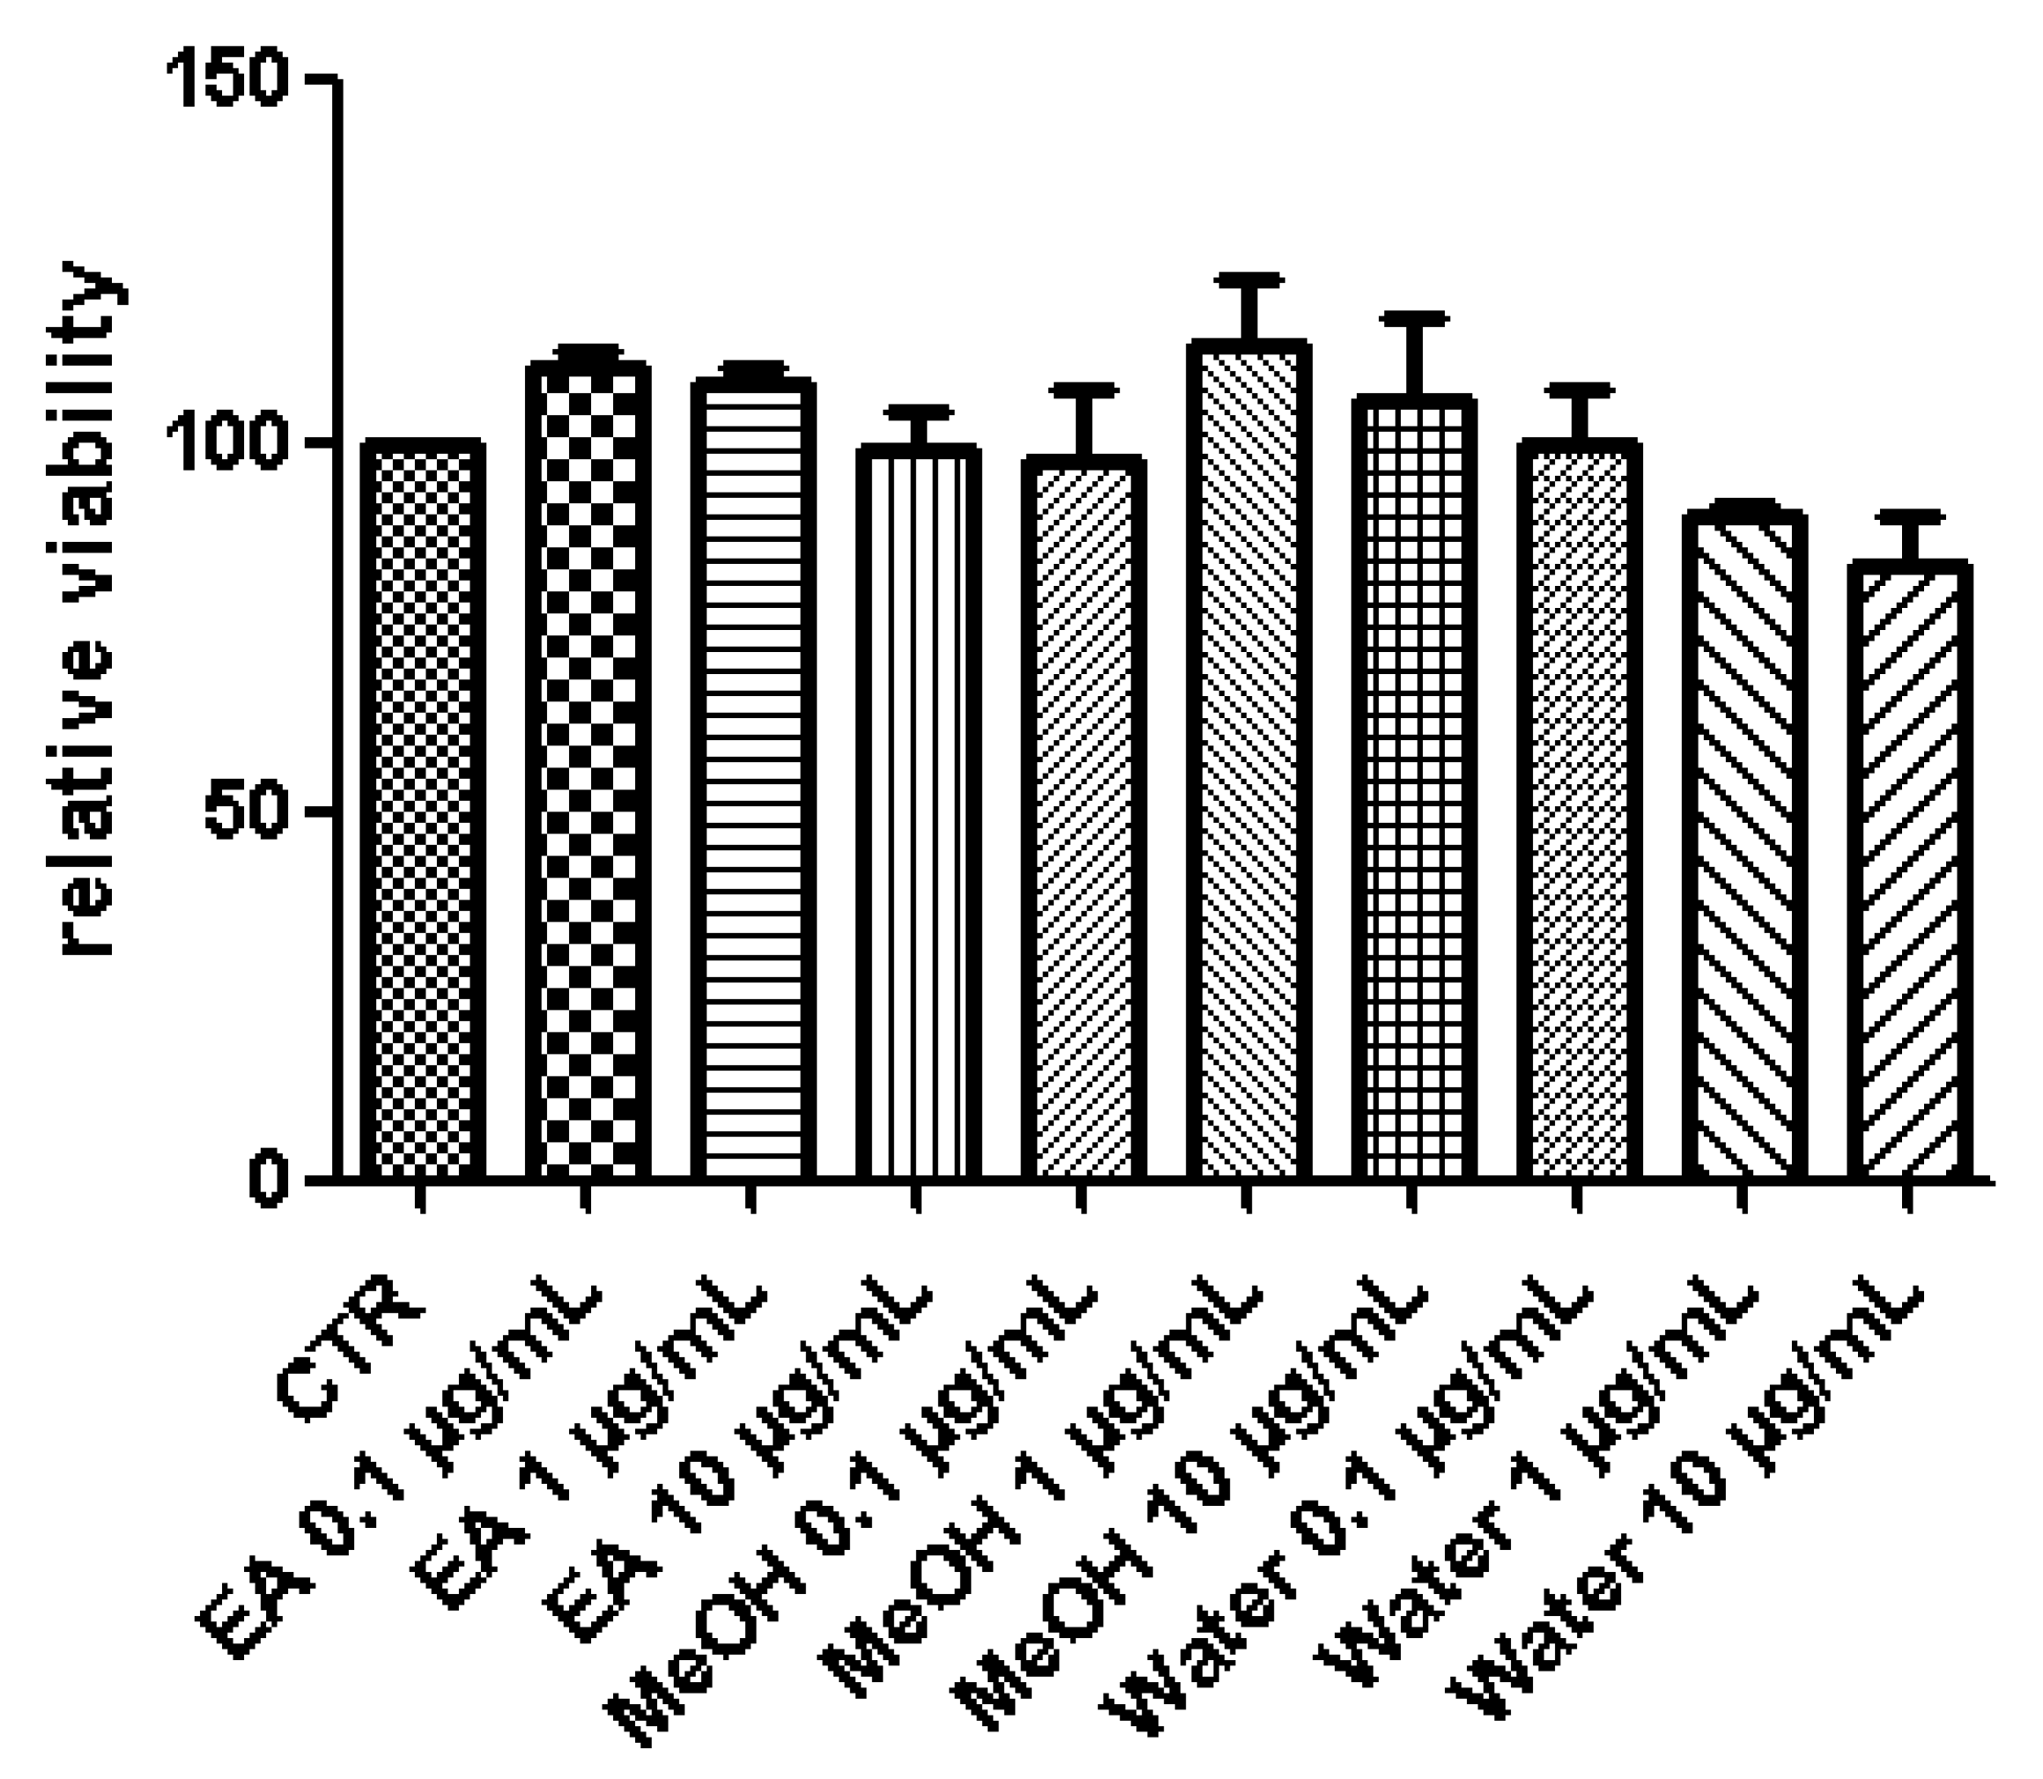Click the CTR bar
pos(422,809)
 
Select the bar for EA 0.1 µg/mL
pos(588,769)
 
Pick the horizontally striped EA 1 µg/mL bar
pos(753,779)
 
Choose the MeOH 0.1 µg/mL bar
pos(1083,819)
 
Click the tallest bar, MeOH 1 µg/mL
pos(1247,760)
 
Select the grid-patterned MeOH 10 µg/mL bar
pos(1412,789)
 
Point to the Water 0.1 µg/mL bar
pos(1579,809)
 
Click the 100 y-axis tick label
pos(227,444)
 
